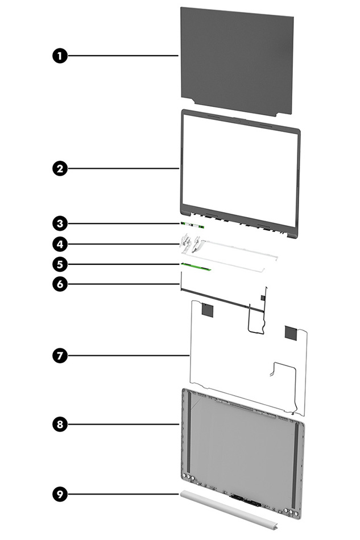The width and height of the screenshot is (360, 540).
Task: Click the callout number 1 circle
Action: pos(59,56)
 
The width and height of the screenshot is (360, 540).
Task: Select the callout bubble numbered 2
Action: pos(59,168)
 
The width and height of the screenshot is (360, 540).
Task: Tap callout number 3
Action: pos(59,223)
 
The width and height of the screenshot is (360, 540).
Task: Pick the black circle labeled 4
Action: pos(59,244)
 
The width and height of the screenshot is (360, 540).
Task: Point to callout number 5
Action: pos(59,264)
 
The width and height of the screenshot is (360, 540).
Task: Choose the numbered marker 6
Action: pos(59,284)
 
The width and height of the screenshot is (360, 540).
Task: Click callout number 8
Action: pos(59,423)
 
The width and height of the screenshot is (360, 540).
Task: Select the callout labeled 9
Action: pos(59,495)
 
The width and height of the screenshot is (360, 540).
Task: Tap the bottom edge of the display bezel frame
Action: pos(239,229)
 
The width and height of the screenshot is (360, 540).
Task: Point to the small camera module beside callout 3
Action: pos(193,225)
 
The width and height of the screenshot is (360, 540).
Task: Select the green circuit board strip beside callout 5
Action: pos(195,266)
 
